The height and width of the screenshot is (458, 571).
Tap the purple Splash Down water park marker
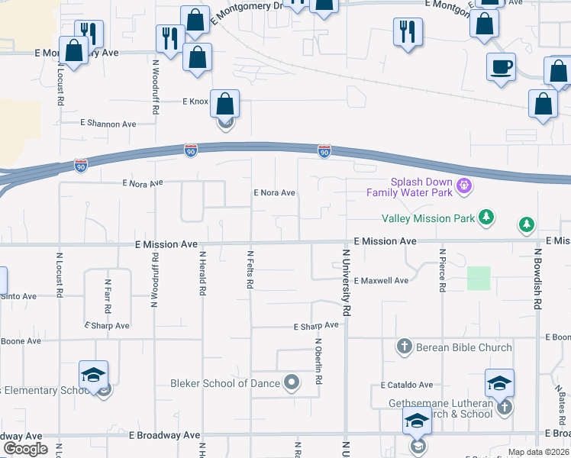click(x=463, y=185)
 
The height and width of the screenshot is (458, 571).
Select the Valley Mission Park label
click(x=431, y=219)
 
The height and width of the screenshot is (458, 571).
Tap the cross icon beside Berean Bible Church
click(x=405, y=347)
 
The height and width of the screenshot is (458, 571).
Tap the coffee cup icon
click(x=501, y=66)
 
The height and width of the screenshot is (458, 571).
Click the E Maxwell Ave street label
click(x=381, y=281)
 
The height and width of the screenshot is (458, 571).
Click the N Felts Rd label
click(x=250, y=269)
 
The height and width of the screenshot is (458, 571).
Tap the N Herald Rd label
click(x=202, y=273)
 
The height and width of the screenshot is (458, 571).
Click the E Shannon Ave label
click(x=108, y=124)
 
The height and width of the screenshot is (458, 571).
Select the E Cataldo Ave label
click(x=408, y=385)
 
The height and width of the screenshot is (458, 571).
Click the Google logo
click(x=25, y=449)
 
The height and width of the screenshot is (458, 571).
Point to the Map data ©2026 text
click(x=539, y=452)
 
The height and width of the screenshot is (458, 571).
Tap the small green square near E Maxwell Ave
click(x=479, y=278)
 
